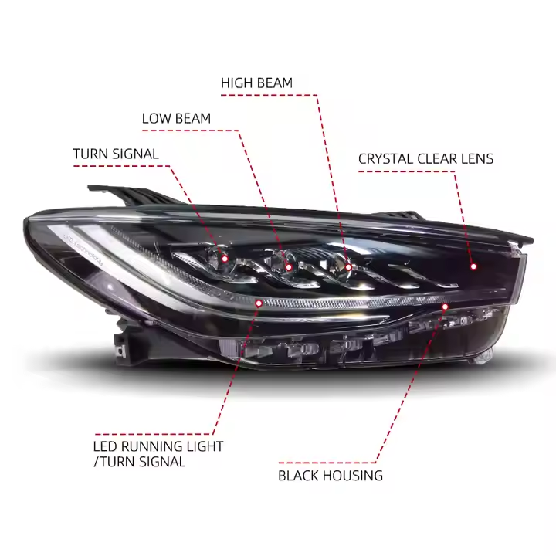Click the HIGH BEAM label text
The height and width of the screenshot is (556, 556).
[256, 83]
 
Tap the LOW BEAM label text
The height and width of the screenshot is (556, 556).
[176, 118]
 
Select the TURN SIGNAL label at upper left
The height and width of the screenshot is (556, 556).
[116, 154]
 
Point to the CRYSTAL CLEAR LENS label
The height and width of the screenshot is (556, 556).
[425, 159]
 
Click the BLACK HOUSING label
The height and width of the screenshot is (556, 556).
[331, 476]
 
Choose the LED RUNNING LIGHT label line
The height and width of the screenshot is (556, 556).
[158, 446]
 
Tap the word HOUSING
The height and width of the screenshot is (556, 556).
[354, 476]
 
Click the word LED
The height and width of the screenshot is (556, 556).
[106, 446]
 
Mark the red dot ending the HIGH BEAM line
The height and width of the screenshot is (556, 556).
[348, 267]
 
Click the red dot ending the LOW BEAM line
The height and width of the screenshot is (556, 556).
[289, 267]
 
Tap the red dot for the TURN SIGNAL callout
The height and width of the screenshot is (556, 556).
[225, 259]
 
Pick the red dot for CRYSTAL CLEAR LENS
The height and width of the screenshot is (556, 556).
[473, 266]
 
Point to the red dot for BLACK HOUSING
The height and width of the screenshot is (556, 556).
[445, 307]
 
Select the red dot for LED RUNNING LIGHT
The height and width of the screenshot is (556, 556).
[259, 303]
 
